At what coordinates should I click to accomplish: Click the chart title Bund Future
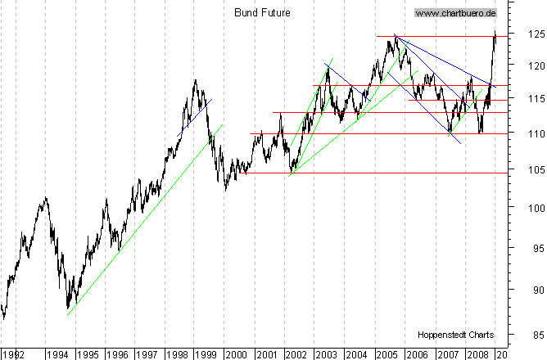point(262,13)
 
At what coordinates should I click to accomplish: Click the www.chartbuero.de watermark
point(456,13)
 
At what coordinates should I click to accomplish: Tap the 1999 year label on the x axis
point(206,354)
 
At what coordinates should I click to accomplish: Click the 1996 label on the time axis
point(116,354)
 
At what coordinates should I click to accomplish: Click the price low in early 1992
point(4,317)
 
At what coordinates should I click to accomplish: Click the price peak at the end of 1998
point(195,80)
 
